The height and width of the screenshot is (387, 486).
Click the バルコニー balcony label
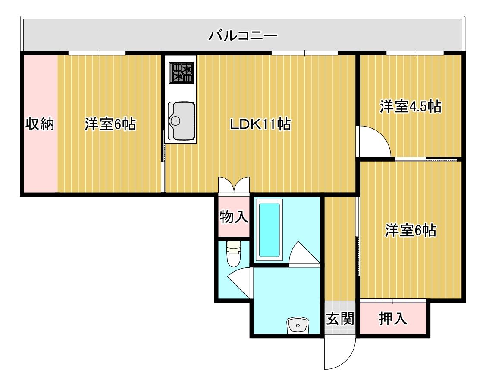243,36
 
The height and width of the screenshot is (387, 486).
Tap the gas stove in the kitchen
181,73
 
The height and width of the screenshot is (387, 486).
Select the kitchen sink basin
181,121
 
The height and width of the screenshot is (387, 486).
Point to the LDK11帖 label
260,124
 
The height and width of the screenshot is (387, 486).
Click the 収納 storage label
40,124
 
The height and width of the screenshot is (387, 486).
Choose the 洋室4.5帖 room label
411,106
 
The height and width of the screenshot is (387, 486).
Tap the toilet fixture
234,254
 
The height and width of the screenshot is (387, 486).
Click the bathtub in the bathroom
269,230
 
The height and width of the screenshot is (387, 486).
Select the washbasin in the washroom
298,325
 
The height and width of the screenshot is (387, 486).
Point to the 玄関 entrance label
340,318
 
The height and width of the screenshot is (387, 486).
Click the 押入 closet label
393,318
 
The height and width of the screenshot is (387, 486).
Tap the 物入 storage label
234,216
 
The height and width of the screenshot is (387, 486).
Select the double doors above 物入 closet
234,185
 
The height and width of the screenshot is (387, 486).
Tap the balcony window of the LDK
305,53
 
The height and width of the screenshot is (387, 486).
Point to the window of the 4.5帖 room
415,53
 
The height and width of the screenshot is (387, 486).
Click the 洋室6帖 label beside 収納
110,124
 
